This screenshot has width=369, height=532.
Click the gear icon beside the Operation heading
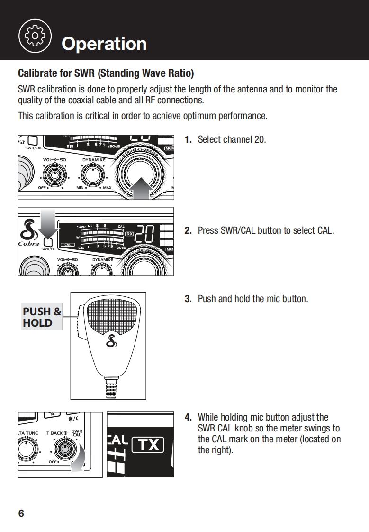pos(34,36)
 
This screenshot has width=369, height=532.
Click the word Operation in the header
pos(104,44)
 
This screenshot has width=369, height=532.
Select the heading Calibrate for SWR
pos(106,73)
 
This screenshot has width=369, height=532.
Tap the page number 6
pos(21,514)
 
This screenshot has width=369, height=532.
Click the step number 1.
pos(188,139)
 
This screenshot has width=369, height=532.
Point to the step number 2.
pos(188,231)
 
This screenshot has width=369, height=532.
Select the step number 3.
pos(188,299)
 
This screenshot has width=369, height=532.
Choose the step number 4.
pos(188,417)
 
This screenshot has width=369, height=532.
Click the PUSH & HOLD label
pos(42,317)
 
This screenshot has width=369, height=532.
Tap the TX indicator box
pos(148,445)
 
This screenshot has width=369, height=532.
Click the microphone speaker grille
pos(112,314)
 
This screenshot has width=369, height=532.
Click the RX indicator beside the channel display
pos(129,234)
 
